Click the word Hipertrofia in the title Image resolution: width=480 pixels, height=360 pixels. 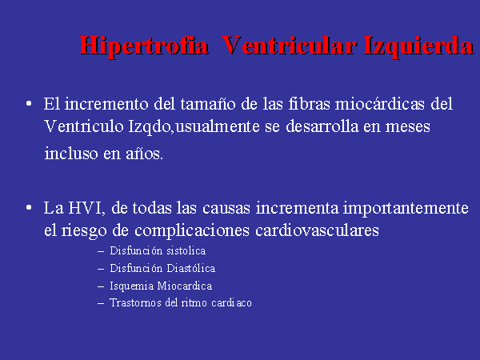click(x=144, y=46)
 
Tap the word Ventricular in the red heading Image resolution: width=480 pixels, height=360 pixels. click(x=289, y=46)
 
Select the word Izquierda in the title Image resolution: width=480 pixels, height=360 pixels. click(x=418, y=46)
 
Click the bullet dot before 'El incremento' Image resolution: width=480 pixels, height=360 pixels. click(x=29, y=103)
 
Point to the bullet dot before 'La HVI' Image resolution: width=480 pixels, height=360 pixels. click(x=29, y=208)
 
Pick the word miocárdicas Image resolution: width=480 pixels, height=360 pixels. click(x=380, y=104)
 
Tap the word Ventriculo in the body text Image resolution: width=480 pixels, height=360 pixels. click(x=83, y=126)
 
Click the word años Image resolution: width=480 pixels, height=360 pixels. click(x=145, y=154)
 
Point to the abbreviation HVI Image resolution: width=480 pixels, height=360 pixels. click(x=86, y=208)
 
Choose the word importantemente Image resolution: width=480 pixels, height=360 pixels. click(x=406, y=209)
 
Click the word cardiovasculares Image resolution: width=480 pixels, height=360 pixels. click(x=317, y=230)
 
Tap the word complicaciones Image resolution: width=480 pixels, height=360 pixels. click(x=192, y=231)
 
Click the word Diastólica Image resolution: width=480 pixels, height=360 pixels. click(x=191, y=268)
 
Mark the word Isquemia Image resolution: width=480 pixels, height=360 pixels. click(x=132, y=286)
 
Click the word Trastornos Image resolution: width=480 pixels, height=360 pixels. click(x=136, y=303)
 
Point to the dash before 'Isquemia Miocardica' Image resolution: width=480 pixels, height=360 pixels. click(x=101, y=286)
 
